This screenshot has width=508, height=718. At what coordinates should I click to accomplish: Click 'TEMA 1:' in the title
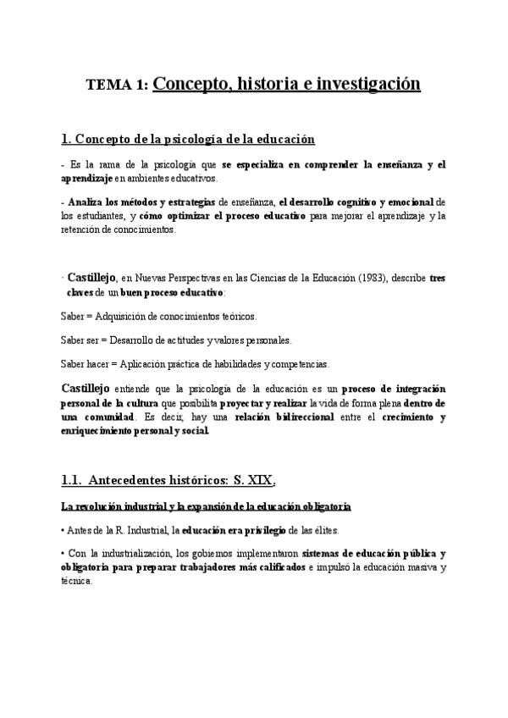click(118, 85)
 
